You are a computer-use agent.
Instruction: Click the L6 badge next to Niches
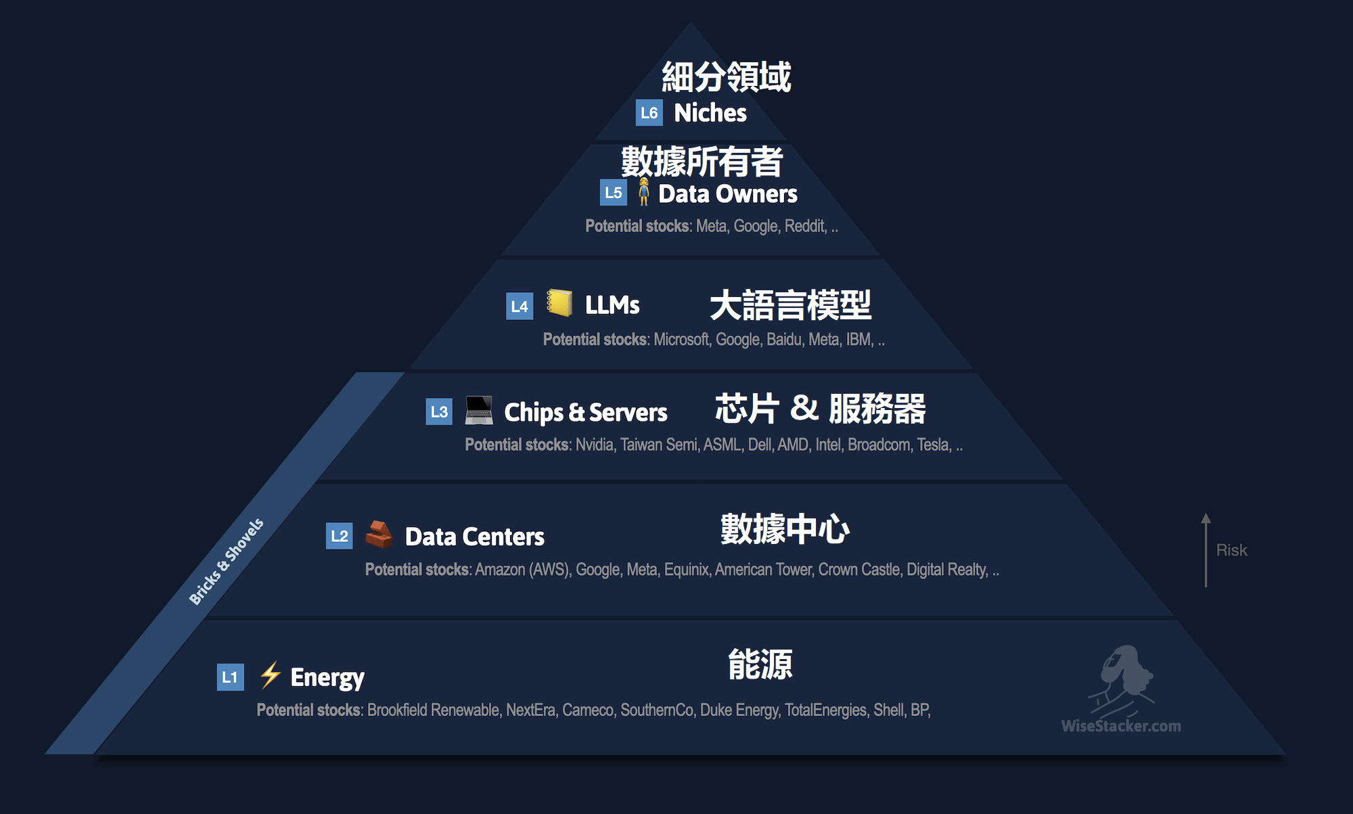649,113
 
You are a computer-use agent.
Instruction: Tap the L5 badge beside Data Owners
613,193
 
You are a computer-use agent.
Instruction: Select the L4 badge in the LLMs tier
520,307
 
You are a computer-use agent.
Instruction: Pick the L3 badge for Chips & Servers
439,411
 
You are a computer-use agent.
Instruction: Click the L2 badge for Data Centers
339,537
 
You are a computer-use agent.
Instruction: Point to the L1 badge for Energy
230,677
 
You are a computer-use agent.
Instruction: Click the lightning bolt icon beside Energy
271,675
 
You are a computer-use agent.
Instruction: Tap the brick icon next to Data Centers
379,535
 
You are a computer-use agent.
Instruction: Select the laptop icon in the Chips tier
479,410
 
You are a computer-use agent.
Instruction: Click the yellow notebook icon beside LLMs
559,302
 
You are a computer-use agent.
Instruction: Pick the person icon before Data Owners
643,192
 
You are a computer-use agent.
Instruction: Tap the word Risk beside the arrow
1231,550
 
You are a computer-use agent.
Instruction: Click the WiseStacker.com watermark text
1121,726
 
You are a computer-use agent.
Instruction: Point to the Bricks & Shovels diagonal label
226,562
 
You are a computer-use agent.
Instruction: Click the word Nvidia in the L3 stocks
595,445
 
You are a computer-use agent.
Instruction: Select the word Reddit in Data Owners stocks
805,226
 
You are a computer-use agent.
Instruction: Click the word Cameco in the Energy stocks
588,710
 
